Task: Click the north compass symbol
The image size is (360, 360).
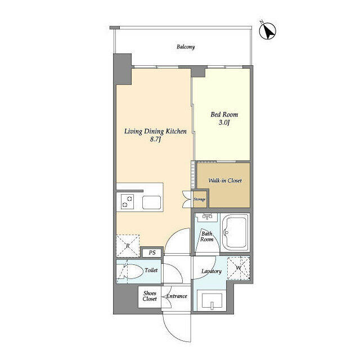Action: (x=268, y=31)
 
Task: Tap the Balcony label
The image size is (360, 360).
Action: (x=186, y=47)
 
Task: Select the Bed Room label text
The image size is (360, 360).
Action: (x=224, y=114)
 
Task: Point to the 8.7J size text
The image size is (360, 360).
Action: (x=155, y=139)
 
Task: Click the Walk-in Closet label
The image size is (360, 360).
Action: (x=225, y=181)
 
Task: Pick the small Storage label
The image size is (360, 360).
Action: (x=199, y=199)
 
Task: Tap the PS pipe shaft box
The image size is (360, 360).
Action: (x=152, y=253)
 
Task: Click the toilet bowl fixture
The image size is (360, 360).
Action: (x=130, y=271)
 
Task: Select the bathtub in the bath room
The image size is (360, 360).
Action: (x=235, y=232)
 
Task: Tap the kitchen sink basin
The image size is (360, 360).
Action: (x=151, y=202)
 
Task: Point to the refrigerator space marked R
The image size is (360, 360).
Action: (x=128, y=246)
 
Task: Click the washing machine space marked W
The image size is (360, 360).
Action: (x=238, y=268)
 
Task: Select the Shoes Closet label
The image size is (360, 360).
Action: (x=150, y=296)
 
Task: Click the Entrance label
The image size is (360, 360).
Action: (x=177, y=296)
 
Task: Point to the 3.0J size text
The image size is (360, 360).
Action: (x=224, y=123)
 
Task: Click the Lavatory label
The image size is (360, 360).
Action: (x=211, y=271)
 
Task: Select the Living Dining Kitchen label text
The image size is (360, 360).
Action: (x=155, y=132)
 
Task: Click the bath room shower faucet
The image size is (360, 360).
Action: (x=208, y=216)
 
